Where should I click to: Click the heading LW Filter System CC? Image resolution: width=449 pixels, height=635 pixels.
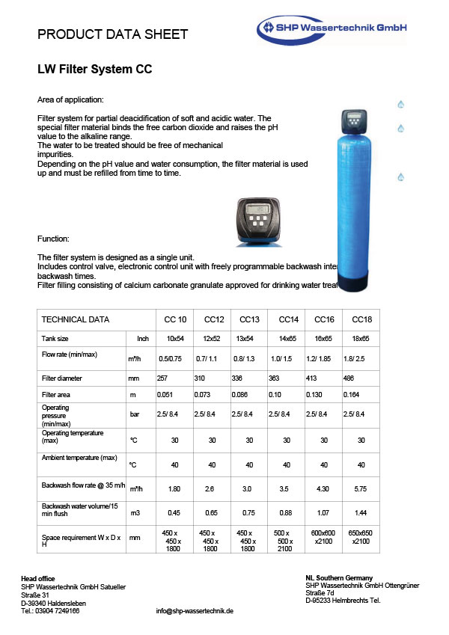point(95,70)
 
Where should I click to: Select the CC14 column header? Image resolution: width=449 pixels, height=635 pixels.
point(288,320)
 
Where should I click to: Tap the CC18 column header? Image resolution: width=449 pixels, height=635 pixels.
point(362,320)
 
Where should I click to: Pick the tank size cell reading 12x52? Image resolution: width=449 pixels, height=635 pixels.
point(212,339)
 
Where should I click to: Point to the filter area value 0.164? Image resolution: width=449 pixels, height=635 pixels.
point(352,394)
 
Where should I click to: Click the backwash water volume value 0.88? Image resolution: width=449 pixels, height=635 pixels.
point(287,513)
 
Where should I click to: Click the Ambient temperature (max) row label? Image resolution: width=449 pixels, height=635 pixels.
point(79,457)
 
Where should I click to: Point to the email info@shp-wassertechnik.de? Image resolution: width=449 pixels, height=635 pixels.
point(195,611)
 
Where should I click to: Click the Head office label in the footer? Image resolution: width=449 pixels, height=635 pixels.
point(37,579)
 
